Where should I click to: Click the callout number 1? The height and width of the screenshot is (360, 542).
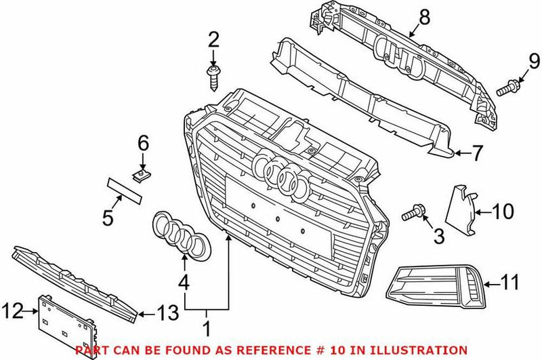208,330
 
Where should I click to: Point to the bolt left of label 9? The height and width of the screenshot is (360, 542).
506,88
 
